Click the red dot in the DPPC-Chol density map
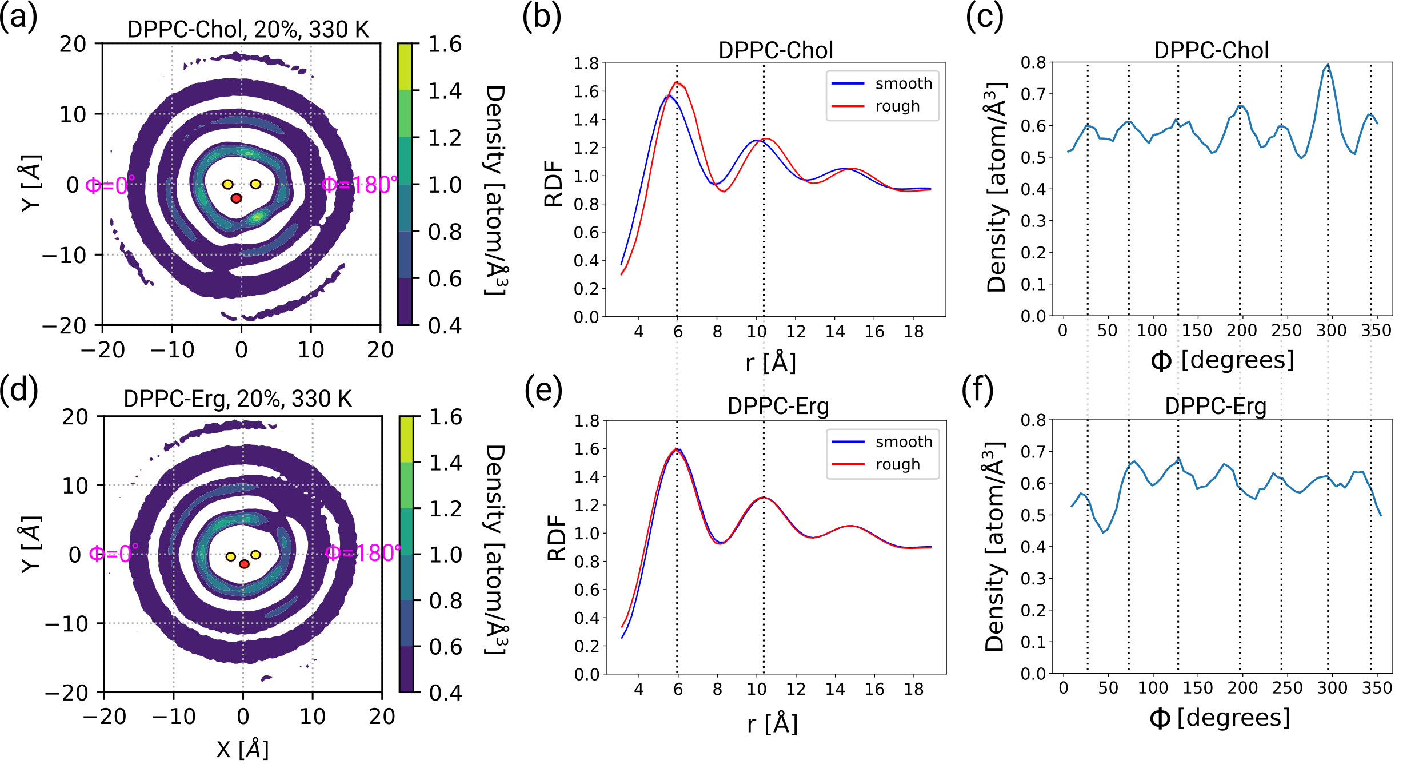236,198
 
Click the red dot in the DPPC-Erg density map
244,564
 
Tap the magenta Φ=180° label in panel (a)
359,185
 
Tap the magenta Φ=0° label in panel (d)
114,553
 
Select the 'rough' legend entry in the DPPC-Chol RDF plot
897,106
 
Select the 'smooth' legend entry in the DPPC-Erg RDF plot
904,441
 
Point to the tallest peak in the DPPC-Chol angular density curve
1328,65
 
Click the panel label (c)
984,17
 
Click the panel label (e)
543,391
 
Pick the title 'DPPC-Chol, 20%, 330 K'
248,29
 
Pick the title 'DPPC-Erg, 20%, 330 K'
238,399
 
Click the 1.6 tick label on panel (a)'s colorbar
445,44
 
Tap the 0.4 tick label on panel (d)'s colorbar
445,693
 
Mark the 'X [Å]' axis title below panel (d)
242,749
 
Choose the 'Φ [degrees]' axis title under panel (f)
1220,718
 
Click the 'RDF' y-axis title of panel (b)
553,184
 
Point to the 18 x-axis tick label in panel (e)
913,689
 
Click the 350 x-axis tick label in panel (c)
1376,331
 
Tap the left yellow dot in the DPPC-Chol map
227,184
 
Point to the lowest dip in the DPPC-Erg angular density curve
1104,532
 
